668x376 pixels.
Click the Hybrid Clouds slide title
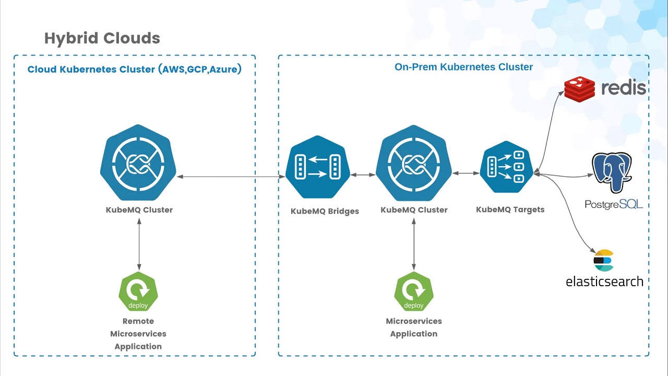[102, 38]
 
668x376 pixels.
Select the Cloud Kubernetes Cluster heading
[134, 69]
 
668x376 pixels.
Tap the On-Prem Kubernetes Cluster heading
[463, 67]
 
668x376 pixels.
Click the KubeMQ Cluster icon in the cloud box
[138, 163]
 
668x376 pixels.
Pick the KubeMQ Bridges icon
[318, 167]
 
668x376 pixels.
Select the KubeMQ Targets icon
[506, 167]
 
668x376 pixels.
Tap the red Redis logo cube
[579, 89]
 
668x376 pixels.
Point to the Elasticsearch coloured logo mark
[604, 261]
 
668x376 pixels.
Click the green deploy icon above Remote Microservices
[138, 291]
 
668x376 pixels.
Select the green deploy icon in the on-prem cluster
[414, 291]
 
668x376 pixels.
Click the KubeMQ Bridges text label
[325, 211]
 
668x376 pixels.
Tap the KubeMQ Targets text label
[510, 209]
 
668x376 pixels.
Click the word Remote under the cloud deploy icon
[138, 321]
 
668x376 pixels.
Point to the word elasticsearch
[604, 281]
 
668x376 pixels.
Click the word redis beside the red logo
[624, 88]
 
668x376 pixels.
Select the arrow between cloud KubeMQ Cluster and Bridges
[231, 177]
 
